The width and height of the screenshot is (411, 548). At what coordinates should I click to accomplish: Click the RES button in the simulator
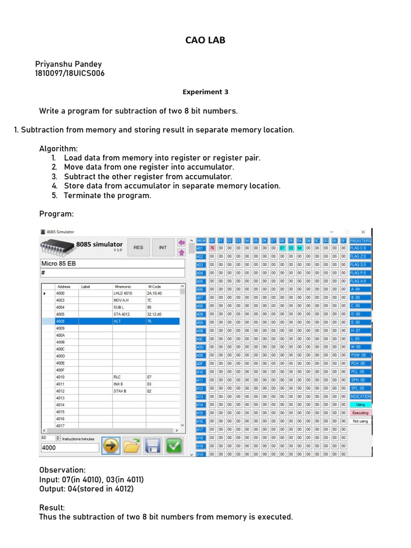tap(138, 248)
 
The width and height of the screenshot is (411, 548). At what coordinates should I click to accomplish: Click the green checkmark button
tap(173, 445)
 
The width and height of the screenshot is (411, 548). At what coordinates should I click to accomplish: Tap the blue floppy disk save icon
tap(153, 445)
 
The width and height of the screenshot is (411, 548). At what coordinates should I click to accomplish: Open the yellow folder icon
tap(132, 445)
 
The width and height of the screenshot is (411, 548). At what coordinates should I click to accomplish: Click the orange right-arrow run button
tap(111, 445)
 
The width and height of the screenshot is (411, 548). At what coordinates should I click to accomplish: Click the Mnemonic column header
tap(124, 287)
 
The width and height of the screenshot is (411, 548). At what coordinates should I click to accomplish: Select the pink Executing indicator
tap(360, 413)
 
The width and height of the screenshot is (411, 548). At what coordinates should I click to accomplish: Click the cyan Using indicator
tap(360, 405)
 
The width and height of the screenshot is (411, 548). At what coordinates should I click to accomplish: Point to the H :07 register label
tap(360, 331)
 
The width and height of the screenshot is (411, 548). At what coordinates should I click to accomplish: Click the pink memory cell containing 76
tap(212, 248)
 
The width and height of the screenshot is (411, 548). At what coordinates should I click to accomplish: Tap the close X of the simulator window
tap(362, 232)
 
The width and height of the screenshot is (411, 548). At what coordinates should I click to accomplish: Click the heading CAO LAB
tap(205, 40)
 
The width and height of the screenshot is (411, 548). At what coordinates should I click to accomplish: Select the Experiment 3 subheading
tap(205, 92)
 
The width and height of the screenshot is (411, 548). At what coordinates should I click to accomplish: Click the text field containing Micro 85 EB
tap(110, 263)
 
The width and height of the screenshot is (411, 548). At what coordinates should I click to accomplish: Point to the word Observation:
tap(62, 469)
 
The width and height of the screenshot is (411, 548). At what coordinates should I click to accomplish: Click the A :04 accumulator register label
tap(360, 290)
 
